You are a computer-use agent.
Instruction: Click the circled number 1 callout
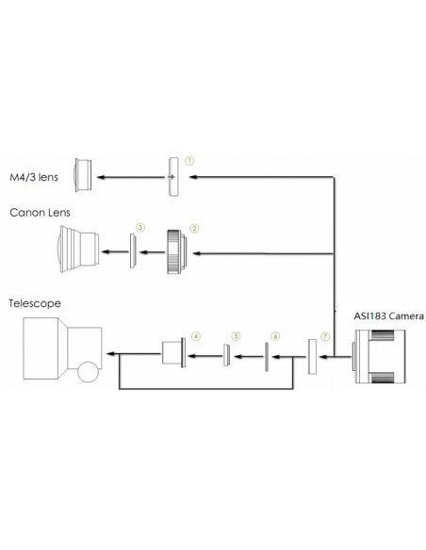(x=189, y=161)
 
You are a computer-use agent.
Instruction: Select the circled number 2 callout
(x=194, y=229)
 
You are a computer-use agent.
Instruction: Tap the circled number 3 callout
(x=140, y=228)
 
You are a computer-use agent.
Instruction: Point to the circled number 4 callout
(x=196, y=336)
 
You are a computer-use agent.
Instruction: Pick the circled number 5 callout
(x=236, y=336)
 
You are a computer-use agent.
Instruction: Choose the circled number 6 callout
(x=275, y=337)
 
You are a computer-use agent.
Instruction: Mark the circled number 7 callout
(x=325, y=337)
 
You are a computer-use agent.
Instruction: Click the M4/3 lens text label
(x=34, y=177)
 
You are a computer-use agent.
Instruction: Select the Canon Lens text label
(x=40, y=213)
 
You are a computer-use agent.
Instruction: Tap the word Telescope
(x=35, y=303)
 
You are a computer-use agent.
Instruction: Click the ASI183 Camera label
(x=388, y=316)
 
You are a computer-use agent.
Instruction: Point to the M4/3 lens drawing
(x=83, y=175)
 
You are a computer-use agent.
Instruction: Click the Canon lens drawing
(x=78, y=249)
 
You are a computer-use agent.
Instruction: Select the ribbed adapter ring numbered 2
(x=176, y=251)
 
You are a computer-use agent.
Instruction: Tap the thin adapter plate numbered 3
(x=133, y=251)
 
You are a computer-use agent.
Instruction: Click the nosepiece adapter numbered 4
(x=173, y=352)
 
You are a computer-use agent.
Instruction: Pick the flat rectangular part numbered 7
(x=312, y=357)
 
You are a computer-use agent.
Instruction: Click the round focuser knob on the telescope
(x=88, y=372)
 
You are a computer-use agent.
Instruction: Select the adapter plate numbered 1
(x=173, y=177)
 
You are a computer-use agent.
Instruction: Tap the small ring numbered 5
(x=227, y=355)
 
